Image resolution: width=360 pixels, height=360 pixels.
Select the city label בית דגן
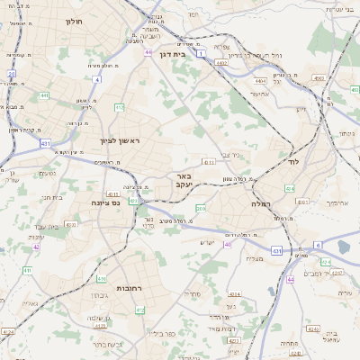[184, 54]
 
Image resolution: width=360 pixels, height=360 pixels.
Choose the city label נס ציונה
[105, 203]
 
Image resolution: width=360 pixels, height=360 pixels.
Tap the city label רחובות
[130, 288]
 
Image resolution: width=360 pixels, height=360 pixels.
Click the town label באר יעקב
[184, 180]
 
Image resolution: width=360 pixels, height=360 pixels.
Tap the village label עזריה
[345, 293]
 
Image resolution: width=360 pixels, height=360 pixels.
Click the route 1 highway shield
[202, 54]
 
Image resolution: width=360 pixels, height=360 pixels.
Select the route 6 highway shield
[317, 245]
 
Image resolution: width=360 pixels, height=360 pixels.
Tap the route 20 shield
[12, 74]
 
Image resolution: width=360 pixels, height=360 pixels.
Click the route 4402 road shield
[221, 63]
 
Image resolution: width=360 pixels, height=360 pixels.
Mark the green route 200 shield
[200, 209]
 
